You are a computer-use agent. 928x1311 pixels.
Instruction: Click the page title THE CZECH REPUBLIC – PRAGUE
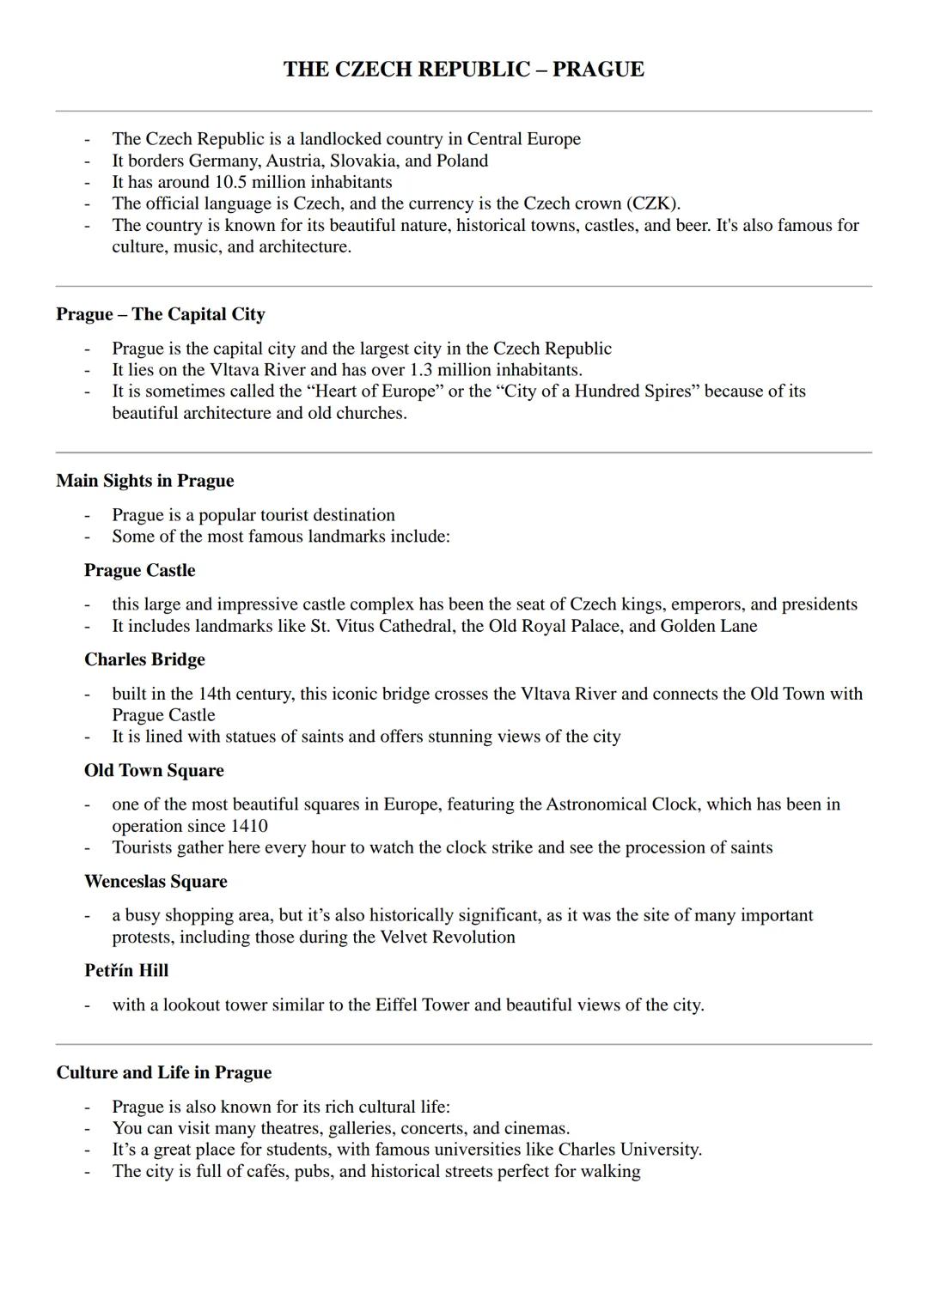click(463, 70)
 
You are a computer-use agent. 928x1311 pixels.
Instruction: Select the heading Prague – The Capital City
click(161, 314)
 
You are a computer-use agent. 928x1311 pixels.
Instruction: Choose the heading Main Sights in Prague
click(145, 481)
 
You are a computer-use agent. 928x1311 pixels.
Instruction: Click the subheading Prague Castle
click(139, 571)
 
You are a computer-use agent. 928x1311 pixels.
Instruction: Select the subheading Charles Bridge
click(144, 660)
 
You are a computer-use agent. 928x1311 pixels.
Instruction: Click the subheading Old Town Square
click(154, 771)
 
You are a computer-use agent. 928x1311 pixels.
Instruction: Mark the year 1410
click(249, 827)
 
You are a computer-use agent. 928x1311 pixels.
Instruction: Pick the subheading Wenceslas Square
click(156, 882)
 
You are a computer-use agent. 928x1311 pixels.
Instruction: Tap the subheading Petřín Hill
click(126, 971)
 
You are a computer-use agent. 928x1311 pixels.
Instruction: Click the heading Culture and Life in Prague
click(164, 1073)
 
